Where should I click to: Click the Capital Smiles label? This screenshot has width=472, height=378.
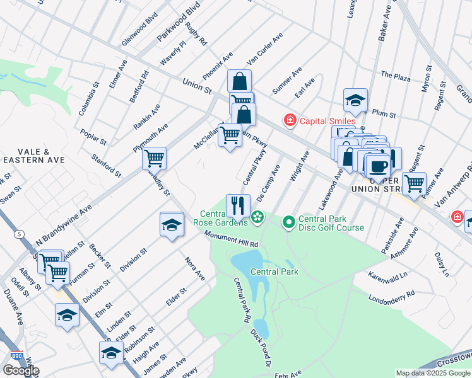327,121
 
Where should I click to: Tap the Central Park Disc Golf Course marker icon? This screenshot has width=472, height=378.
289,221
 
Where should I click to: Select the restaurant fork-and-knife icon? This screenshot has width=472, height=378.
238,204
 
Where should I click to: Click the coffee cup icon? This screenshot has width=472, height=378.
378,166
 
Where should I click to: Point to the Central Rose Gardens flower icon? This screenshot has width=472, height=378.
257,218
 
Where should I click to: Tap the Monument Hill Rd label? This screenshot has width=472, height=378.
232,239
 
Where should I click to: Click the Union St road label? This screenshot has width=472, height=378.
196,86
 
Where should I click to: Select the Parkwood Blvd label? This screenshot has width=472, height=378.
178,25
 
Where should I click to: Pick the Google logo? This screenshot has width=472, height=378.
21,370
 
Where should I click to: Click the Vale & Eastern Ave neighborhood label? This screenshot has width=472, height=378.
34,156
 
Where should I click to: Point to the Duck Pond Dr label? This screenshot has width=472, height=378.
260,348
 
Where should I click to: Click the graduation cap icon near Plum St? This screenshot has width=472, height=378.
355,99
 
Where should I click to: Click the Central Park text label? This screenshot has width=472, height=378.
274,272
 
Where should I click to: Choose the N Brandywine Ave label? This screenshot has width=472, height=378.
64,220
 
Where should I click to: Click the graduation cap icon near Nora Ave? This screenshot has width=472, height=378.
171,224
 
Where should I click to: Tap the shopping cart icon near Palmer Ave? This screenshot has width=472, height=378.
413,183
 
